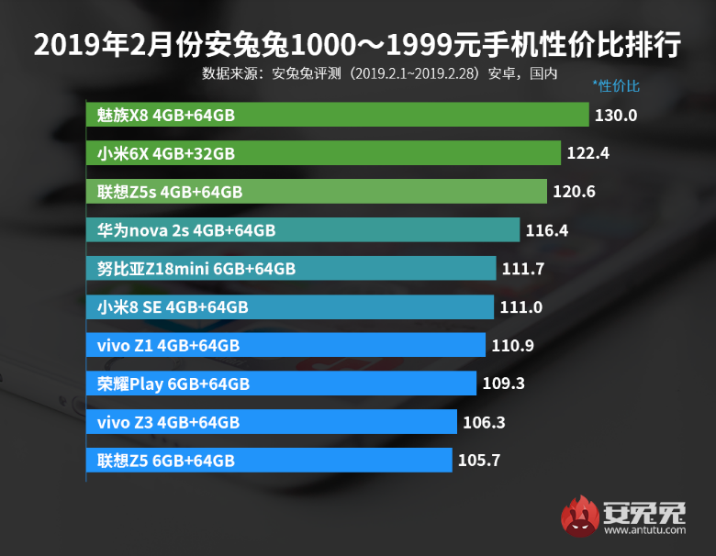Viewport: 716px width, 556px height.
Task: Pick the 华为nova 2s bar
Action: tap(303, 230)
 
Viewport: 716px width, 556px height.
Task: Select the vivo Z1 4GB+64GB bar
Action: tap(285, 345)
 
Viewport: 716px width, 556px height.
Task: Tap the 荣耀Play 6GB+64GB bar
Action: tap(281, 384)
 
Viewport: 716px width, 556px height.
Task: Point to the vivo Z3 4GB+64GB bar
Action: tap(272, 422)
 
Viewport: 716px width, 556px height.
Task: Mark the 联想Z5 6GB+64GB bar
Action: tap(269, 461)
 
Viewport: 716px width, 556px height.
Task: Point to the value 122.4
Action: tap(588, 154)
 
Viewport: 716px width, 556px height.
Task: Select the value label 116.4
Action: tap(547, 230)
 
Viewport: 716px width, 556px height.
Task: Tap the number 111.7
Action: tap(524, 269)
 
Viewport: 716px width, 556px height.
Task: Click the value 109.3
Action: tap(503, 384)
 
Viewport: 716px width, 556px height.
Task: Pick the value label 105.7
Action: tap(478, 461)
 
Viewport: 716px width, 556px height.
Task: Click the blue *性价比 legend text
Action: tap(616, 86)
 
